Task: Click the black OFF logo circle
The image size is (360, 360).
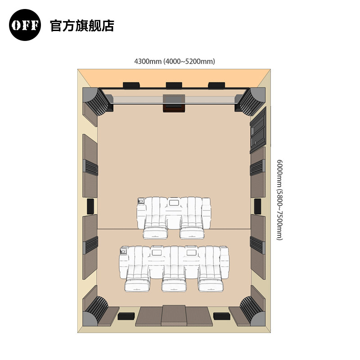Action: tap(25, 25)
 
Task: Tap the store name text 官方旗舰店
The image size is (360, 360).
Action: tap(82, 26)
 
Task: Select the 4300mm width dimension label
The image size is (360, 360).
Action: tap(175, 61)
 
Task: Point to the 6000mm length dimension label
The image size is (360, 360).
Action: tap(279, 200)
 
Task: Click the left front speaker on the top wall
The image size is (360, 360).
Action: tap(132, 85)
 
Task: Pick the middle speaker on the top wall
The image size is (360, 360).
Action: tap(174, 85)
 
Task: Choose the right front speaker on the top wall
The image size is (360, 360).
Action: tap(216, 85)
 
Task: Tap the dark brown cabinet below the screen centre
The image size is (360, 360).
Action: tap(174, 108)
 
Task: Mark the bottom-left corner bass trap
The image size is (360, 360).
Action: tap(96, 310)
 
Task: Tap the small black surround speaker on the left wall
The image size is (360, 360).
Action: tap(90, 206)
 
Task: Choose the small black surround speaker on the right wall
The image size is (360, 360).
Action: tap(258, 206)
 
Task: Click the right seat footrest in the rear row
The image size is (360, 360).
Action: tap(211, 285)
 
